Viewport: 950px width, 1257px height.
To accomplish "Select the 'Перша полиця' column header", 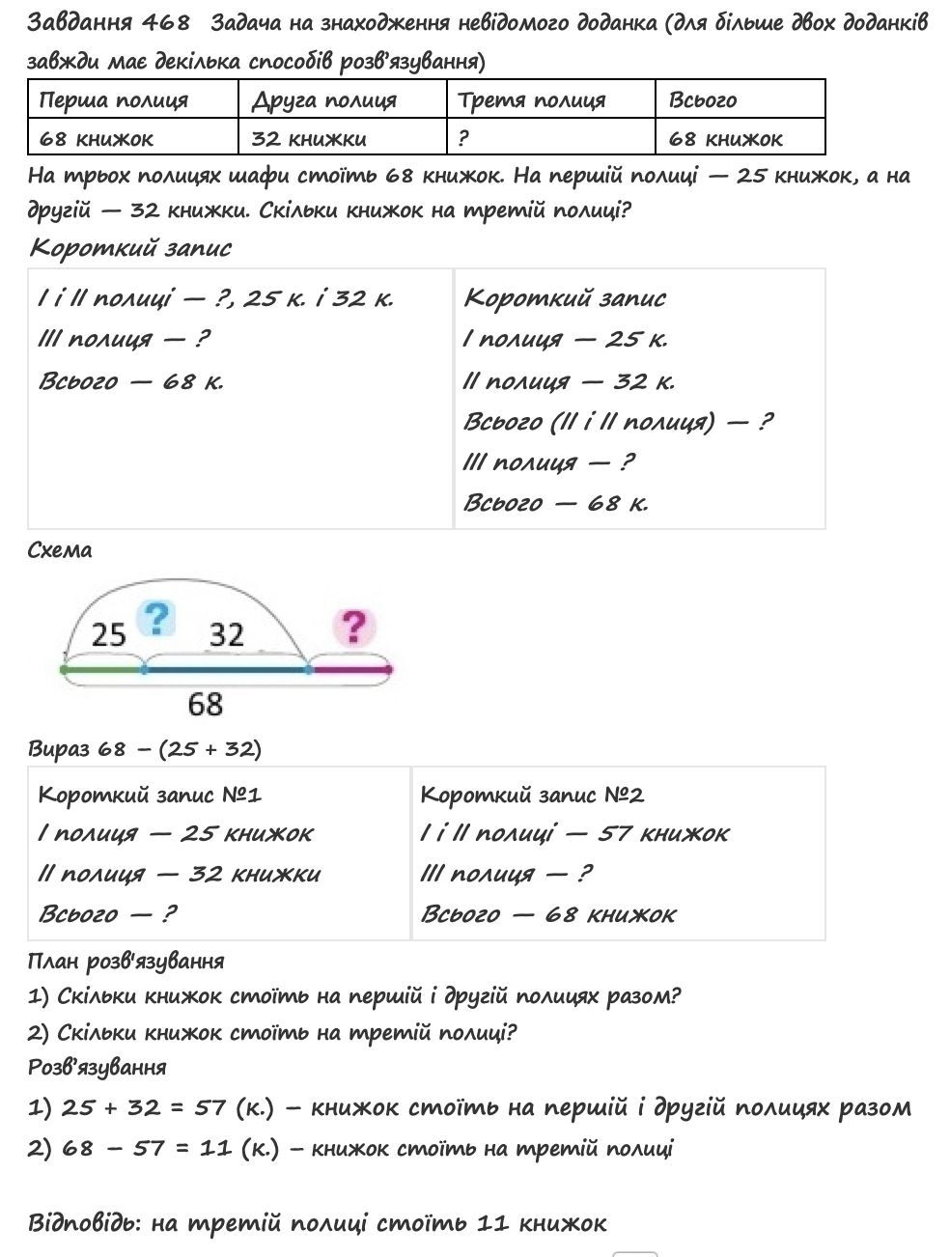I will [113, 100].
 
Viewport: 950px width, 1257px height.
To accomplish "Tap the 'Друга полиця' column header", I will [323, 100].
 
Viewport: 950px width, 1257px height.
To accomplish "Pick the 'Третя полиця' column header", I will [531, 100].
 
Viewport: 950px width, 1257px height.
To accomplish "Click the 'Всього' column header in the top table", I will [703, 100].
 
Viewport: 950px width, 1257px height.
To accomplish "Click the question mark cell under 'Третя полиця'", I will [463, 138].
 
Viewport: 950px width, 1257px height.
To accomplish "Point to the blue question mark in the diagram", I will [156, 617].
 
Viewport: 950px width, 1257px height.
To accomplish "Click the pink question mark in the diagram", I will [354, 627].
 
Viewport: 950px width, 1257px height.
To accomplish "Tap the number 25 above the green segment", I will [108, 634].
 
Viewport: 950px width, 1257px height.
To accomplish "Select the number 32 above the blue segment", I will [227, 634].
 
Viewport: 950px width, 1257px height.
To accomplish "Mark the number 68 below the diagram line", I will [206, 704].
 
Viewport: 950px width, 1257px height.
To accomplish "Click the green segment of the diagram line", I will [103, 668].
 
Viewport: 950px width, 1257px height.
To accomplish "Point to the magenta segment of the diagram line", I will [350, 668].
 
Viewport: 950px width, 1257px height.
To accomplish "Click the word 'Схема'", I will [60, 550].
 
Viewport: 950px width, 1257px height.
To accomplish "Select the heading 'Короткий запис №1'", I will [150, 795].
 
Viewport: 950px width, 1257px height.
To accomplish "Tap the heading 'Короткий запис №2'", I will [532, 795].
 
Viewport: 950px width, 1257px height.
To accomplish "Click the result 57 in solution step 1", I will [210, 1107].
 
